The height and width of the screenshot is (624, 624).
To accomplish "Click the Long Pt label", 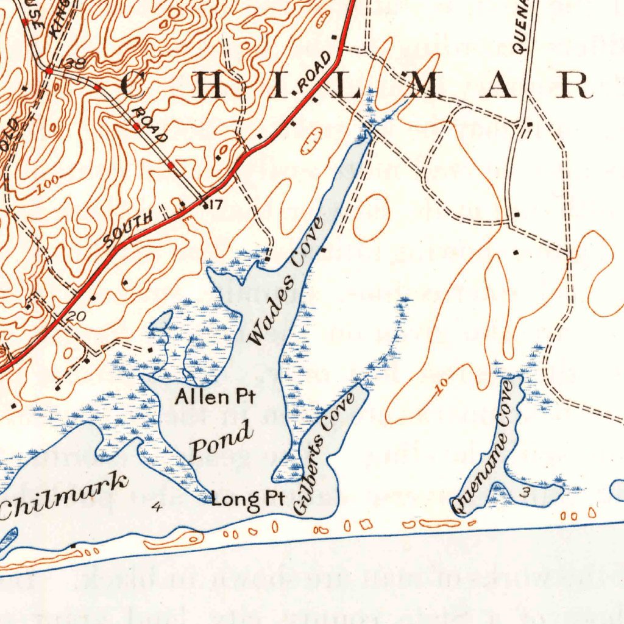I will pyautogui.click(x=248, y=499).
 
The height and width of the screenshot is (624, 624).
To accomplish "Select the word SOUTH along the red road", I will pyautogui.click(x=128, y=230).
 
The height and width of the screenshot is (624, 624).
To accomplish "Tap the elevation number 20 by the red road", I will pyautogui.click(x=77, y=316).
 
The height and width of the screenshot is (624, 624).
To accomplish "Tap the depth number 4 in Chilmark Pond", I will pyautogui.click(x=158, y=506).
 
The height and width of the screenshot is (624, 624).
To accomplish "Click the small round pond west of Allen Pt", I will pyautogui.click(x=161, y=320).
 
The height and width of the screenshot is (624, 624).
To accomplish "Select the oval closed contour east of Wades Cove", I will pyautogui.click(x=371, y=217).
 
